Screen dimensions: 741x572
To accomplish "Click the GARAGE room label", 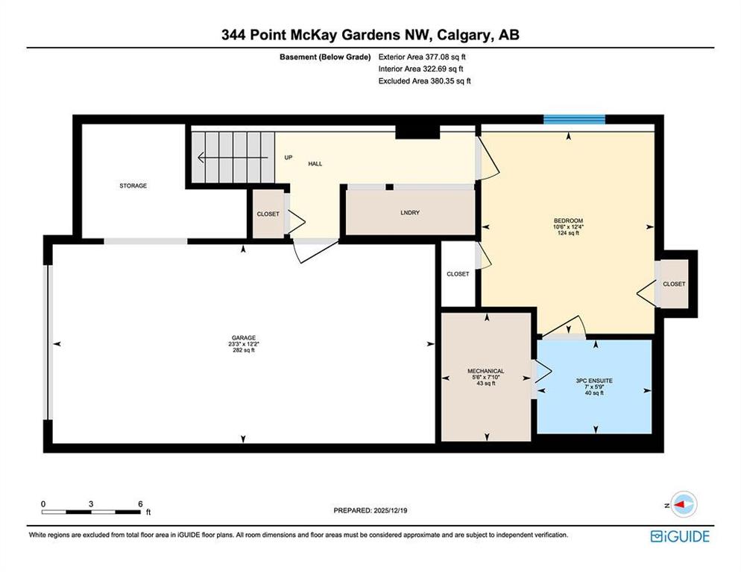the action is coord(243,337).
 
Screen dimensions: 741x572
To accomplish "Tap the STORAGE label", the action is coord(133,185).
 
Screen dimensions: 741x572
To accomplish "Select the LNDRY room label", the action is coord(410,212).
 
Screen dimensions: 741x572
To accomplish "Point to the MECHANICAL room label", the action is coord(486,371).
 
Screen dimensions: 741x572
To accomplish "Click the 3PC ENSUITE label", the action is coord(594,381).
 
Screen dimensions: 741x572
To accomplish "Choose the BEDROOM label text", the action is coord(568,220).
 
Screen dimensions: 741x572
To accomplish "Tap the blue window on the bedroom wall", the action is coord(574,119).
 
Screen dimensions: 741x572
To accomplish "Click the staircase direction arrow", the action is coord(233,157).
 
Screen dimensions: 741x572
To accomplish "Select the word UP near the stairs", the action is coord(288,157).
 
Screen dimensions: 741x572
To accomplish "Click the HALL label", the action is coord(315,164).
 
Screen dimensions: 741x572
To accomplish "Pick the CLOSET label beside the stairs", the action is coord(268,214).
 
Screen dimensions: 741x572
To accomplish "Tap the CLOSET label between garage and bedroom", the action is coord(458,274).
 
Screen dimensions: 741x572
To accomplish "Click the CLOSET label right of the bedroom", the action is coord(674,284).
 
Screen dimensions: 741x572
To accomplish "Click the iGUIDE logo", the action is coord(680,536).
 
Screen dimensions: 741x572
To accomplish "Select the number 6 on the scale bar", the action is coord(140,504).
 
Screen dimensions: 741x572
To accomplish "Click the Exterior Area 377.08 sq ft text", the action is coord(422,57).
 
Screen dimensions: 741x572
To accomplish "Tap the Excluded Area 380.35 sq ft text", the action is coord(424,80).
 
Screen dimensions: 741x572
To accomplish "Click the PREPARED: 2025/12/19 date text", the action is coord(370,511).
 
